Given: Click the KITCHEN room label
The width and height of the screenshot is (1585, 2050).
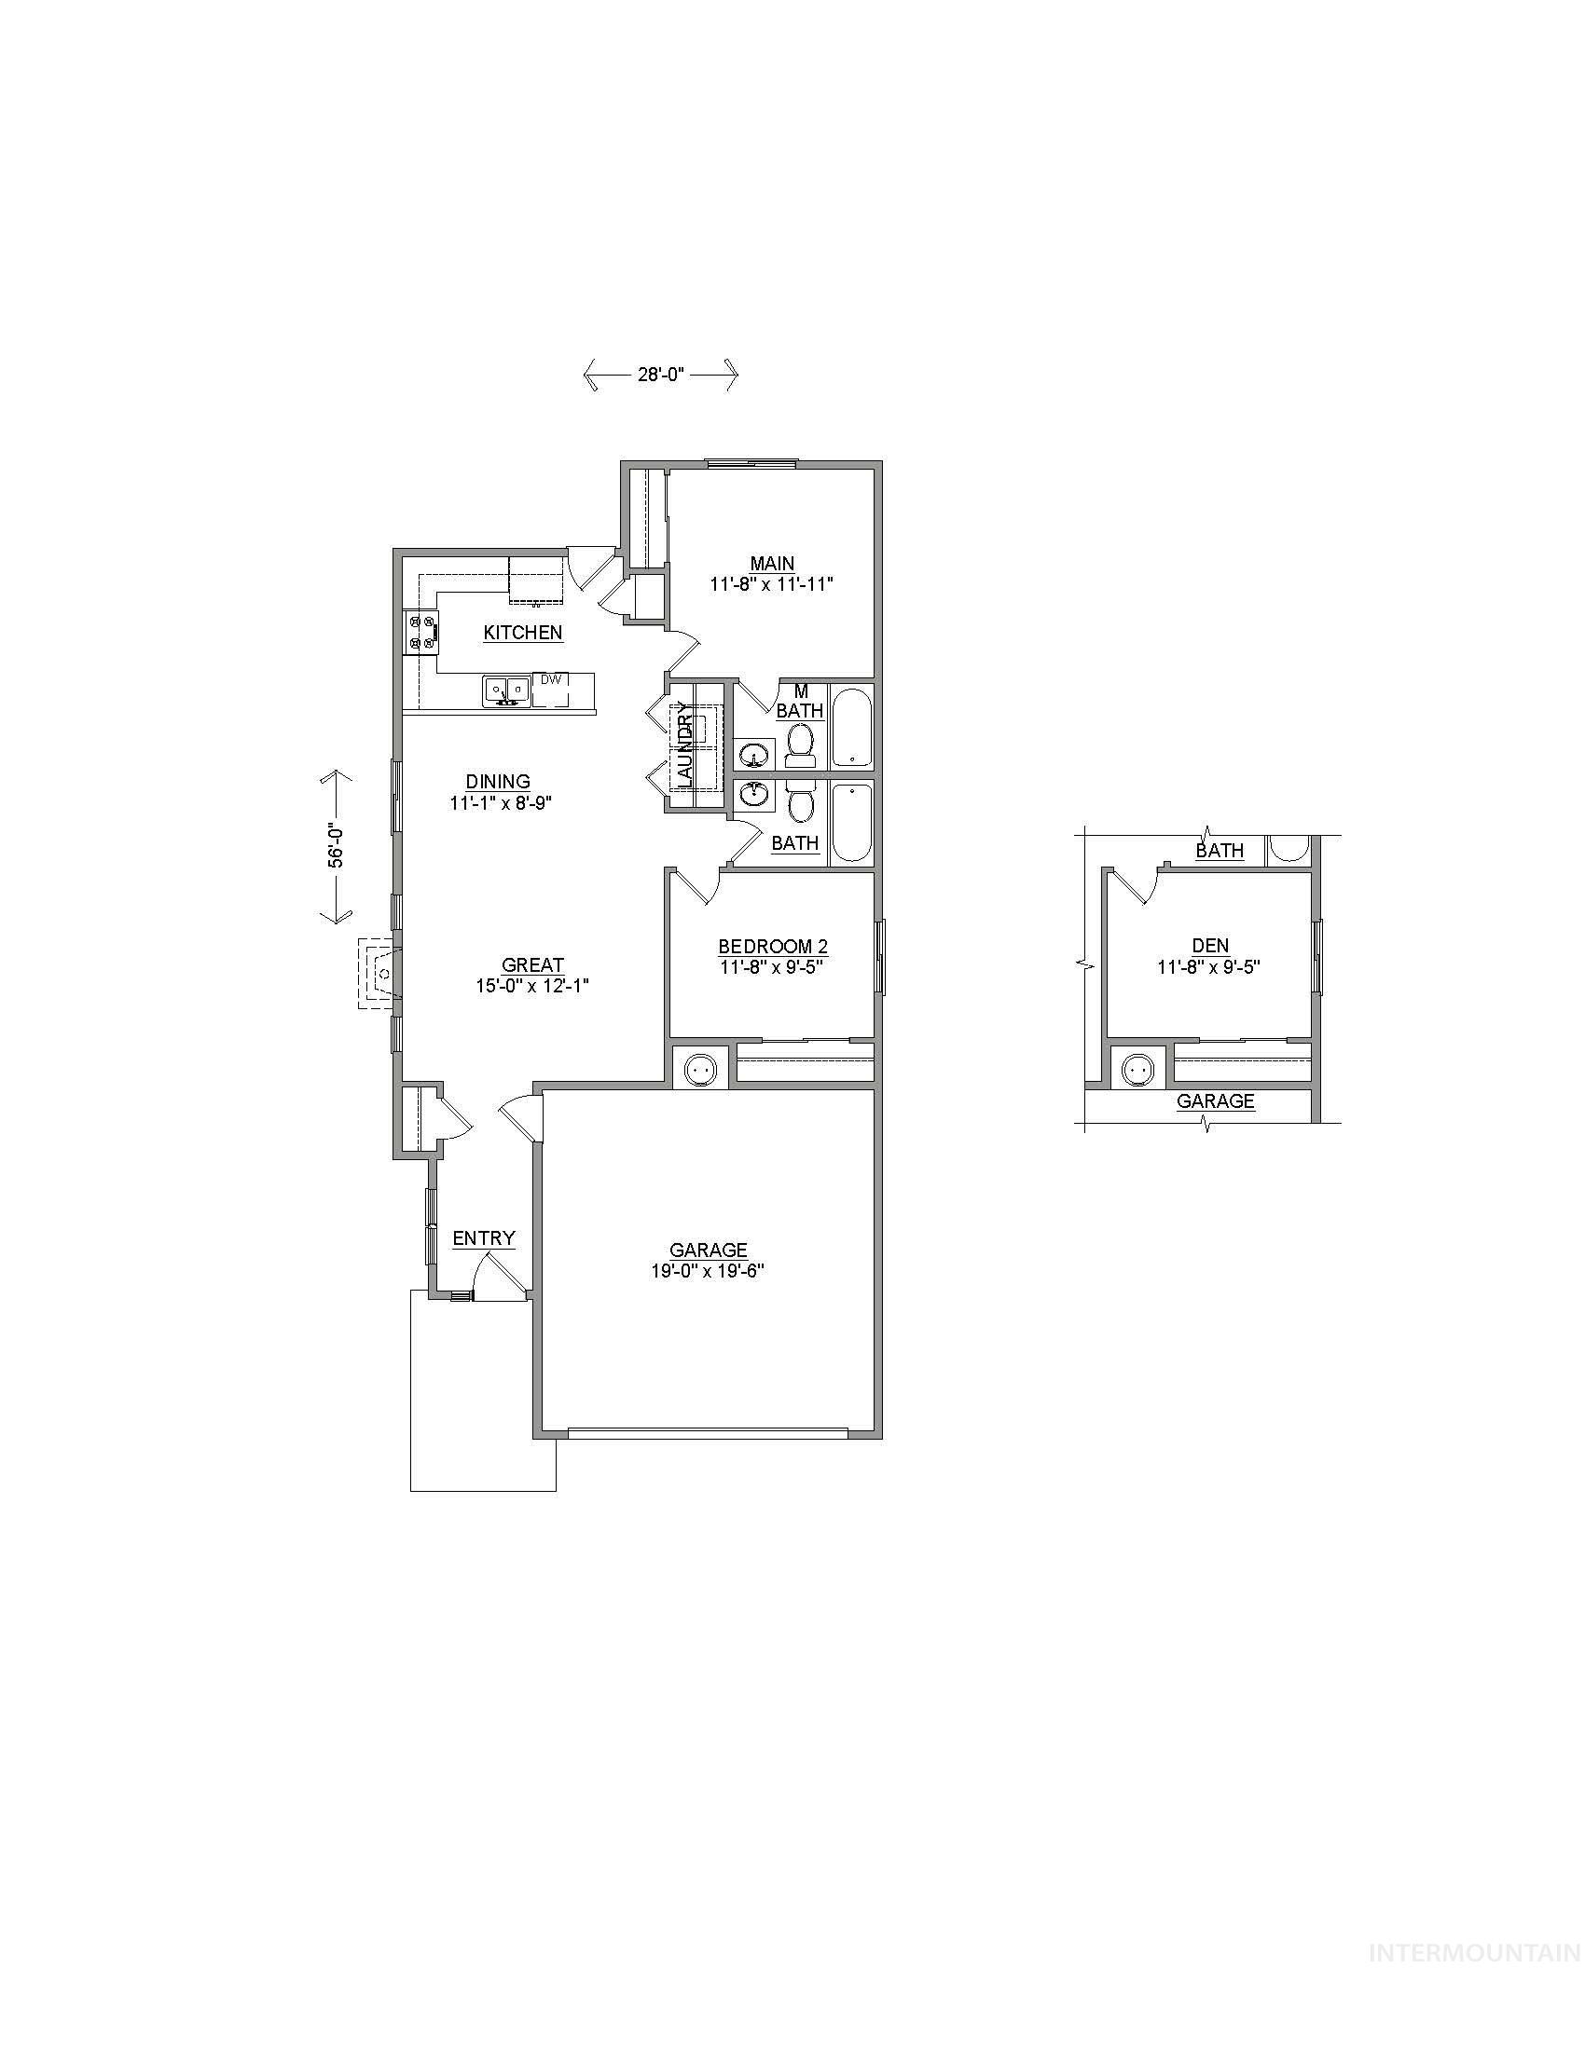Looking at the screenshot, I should pos(523,633).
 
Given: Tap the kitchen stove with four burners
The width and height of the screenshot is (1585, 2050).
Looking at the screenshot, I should pos(420,632).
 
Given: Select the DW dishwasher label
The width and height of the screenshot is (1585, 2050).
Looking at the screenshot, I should pos(550,678).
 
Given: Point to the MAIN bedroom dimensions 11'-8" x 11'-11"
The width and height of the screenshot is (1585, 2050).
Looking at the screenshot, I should pos(772,584).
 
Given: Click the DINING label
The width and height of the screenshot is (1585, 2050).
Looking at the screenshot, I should pos(498,781).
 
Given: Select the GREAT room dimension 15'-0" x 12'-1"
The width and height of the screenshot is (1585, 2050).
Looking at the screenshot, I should pos(532,986).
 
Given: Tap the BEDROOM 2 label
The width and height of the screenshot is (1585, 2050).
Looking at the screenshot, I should pos(772,946).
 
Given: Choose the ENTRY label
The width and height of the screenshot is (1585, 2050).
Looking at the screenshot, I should pos(484,1238).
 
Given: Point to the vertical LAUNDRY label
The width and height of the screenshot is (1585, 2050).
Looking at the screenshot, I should pos(685,751).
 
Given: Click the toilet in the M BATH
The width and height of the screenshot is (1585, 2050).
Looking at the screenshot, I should pos(800,746).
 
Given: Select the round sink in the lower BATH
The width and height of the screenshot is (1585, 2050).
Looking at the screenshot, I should pos(753,796).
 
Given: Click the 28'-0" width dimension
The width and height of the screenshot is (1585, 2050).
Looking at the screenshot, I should pos(660,375).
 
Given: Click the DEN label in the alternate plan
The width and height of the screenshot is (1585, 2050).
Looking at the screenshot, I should pos(1210,946).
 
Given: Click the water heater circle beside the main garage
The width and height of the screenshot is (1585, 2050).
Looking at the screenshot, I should pos(699,1068).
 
